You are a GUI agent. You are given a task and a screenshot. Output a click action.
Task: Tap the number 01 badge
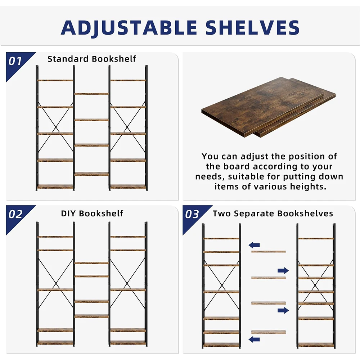[15, 61]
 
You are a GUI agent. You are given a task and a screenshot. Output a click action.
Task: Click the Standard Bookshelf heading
[92, 59]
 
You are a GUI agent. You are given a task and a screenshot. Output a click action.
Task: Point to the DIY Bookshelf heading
[92, 213]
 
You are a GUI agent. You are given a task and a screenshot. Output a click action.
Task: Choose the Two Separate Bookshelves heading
[273, 213]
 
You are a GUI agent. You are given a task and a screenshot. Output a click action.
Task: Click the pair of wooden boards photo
[268, 107]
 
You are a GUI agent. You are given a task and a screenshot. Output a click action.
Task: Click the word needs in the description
[210, 177]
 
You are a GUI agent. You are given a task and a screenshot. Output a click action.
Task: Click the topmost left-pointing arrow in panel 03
[254, 245]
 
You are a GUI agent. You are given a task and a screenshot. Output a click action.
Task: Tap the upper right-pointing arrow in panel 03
[283, 270]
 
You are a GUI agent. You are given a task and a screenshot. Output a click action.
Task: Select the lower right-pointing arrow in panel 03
[283, 310]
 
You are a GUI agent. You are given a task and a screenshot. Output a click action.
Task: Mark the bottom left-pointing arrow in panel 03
[254, 339]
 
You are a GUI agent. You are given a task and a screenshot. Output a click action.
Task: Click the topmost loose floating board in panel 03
[268, 251]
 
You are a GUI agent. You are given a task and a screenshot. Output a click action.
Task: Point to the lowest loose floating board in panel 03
[268, 332]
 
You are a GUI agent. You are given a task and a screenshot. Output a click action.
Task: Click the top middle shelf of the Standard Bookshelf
[91, 94]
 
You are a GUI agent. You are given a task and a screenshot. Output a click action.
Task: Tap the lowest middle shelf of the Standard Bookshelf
[91, 174]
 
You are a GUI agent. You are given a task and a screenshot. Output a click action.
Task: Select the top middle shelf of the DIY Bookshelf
[91, 263]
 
